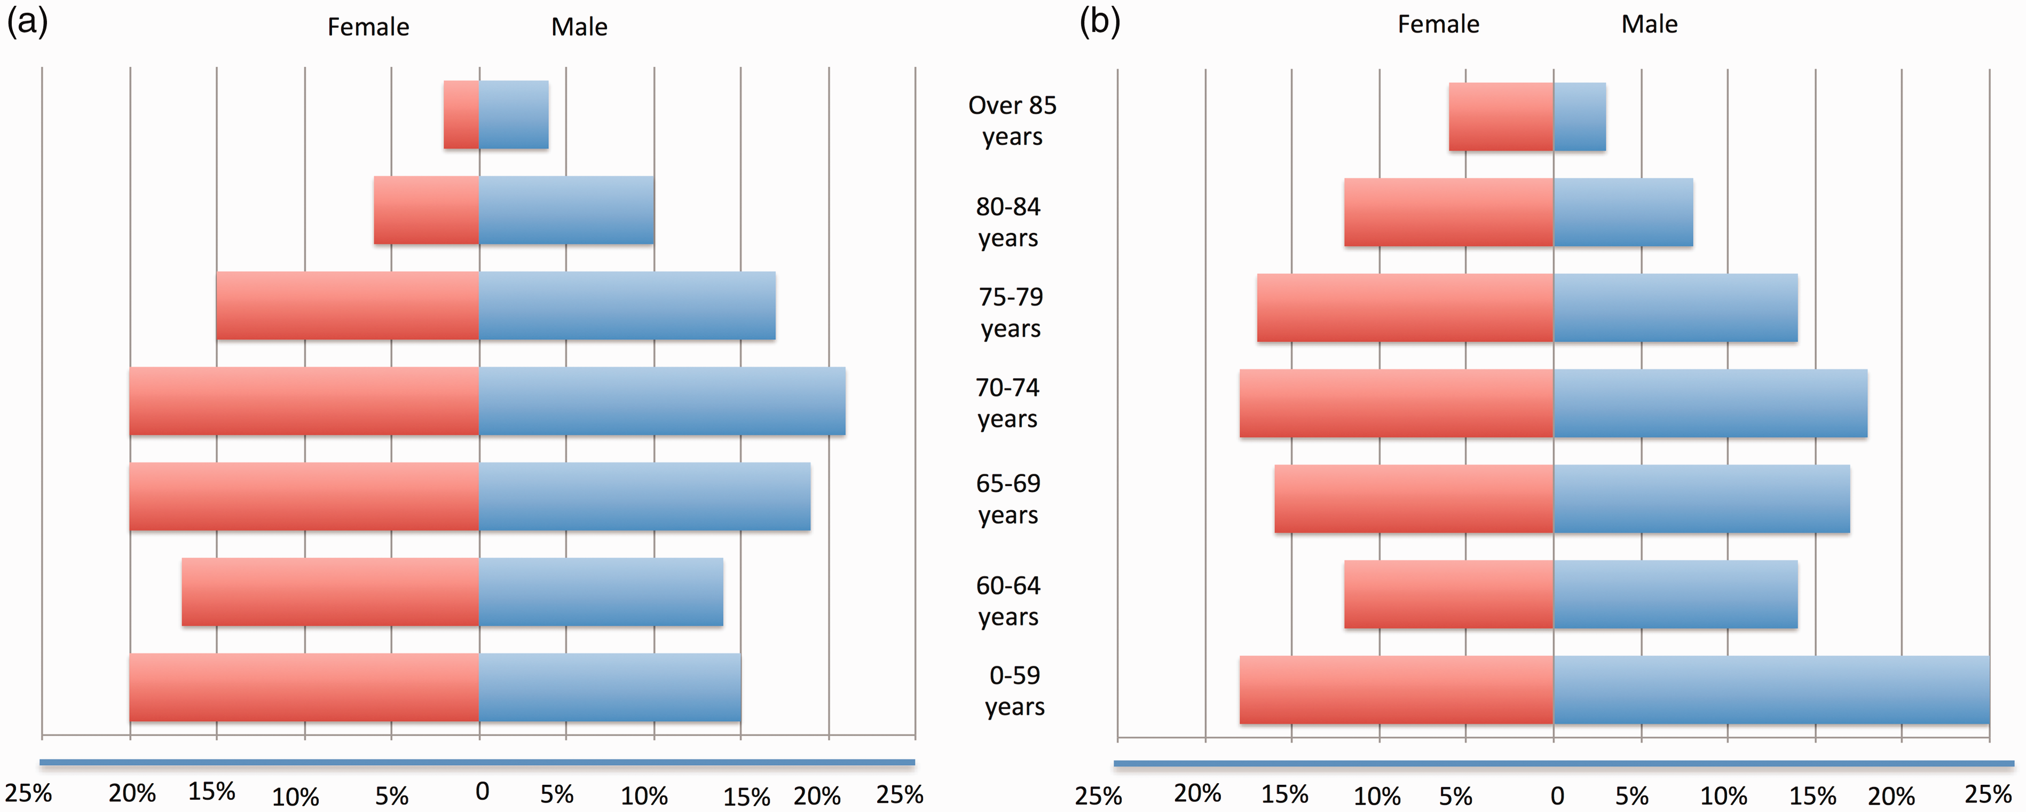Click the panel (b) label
[1100, 21]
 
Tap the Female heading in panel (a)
[368, 27]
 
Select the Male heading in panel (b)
[1649, 25]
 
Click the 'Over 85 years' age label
[1012, 120]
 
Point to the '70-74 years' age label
[1007, 403]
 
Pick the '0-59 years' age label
[1014, 691]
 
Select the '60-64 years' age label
[1008, 601]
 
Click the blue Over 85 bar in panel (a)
[514, 115]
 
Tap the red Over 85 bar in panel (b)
[1501, 116]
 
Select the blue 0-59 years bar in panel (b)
[1771, 690]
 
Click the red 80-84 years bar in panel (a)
[426, 210]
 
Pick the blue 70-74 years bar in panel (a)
[662, 401]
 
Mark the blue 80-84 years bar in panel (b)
[1623, 213]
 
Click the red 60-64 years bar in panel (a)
[330, 592]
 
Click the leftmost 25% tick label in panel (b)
[1098, 795]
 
